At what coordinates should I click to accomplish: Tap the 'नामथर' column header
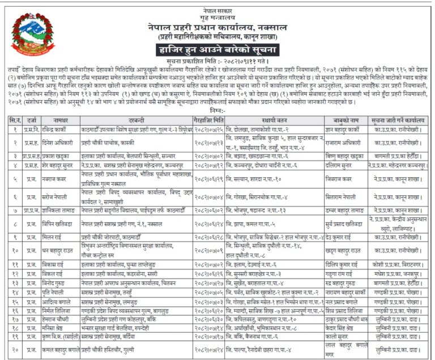click(61, 120)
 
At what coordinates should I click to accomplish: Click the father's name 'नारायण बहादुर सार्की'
click(346, 292)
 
